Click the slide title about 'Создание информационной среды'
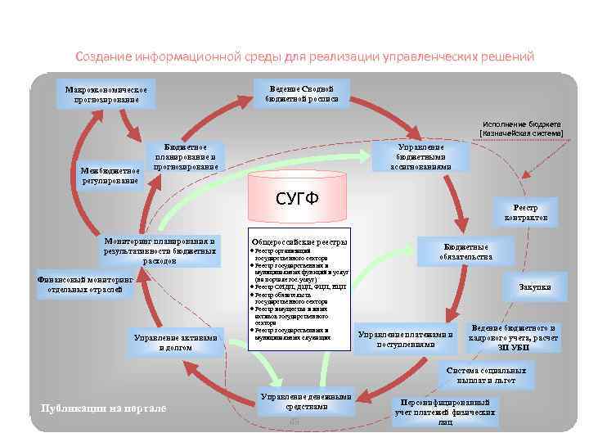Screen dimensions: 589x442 tap(304, 57)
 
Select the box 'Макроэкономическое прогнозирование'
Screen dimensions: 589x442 tap(106, 94)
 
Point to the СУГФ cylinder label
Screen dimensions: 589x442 tap(297, 199)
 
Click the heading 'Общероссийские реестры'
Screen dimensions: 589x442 tap(299, 242)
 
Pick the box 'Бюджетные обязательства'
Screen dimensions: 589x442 tap(466, 251)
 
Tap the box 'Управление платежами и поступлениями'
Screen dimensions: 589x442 tap(405, 339)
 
